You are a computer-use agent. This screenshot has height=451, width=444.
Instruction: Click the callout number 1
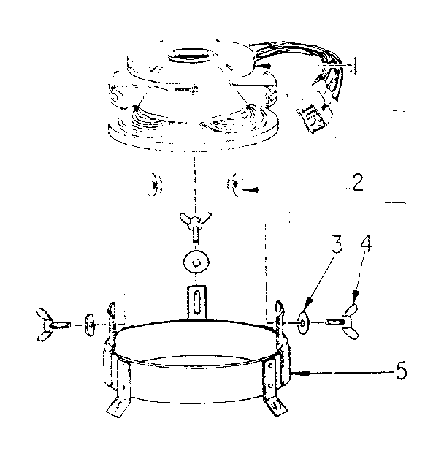pyautogui.click(x=353, y=67)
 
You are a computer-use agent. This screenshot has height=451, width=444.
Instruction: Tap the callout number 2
pyautogui.click(x=356, y=183)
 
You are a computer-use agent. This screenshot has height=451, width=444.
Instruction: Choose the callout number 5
pyautogui.click(x=400, y=372)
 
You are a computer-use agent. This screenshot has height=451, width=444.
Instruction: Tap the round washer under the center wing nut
pyautogui.click(x=196, y=262)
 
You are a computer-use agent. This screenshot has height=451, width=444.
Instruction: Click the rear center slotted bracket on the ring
pyautogui.click(x=196, y=301)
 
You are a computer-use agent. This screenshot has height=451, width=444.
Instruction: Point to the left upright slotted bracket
pyautogui.click(x=112, y=321)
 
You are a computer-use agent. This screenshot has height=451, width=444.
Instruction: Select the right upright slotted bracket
pyautogui.click(x=280, y=317)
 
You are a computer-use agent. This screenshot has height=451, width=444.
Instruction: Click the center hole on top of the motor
pyautogui.click(x=192, y=56)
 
